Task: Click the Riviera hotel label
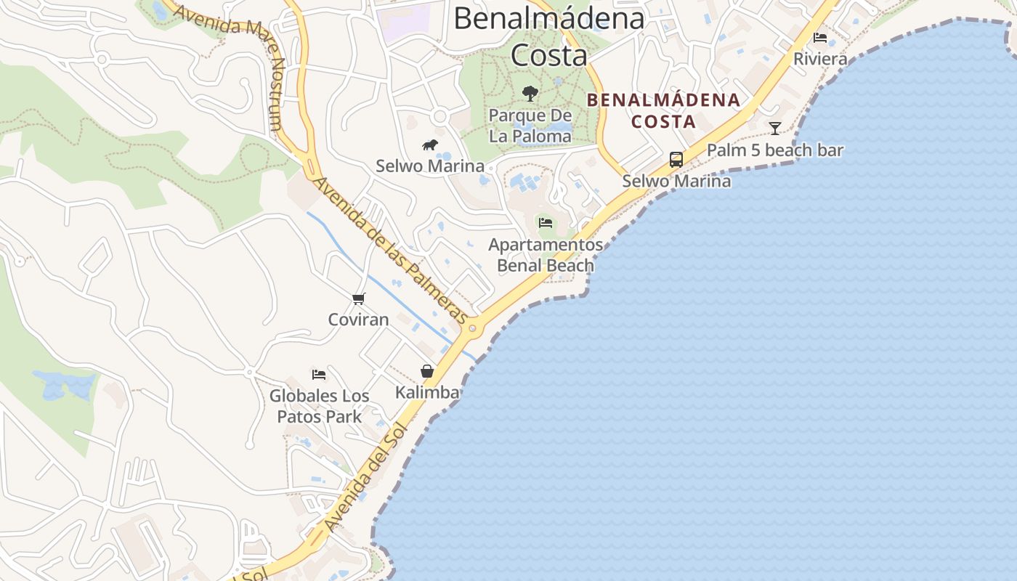click(820, 59)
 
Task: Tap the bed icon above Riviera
click(820, 38)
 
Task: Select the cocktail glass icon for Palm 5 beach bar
click(775, 129)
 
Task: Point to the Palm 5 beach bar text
click(775, 150)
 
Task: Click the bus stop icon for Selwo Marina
click(676, 160)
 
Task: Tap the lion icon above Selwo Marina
click(430, 145)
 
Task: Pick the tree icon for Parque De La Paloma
click(530, 94)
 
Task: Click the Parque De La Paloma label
click(530, 126)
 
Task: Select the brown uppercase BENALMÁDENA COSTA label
click(663, 110)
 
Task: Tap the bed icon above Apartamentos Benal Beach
click(546, 223)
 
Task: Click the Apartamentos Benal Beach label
click(546, 255)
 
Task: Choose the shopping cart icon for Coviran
click(358, 298)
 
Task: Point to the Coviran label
click(358, 320)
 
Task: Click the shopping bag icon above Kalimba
click(427, 371)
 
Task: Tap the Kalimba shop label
click(427, 393)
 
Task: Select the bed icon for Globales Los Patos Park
click(319, 375)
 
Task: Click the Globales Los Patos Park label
click(319, 407)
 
